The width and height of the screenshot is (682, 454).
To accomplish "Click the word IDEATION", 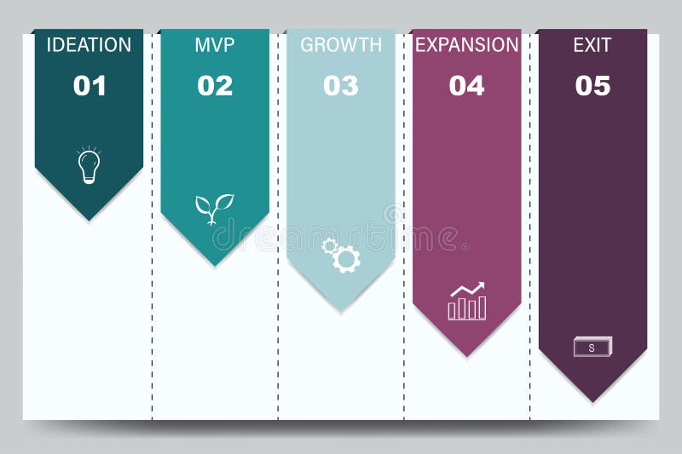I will pyautogui.click(x=89, y=45).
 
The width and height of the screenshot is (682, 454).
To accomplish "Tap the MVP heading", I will pyautogui.click(x=214, y=45).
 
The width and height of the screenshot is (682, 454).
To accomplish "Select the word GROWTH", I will pyautogui.click(x=341, y=45).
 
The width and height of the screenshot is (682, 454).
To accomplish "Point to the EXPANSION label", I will pyautogui.click(x=466, y=45).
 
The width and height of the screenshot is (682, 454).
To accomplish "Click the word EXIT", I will pyautogui.click(x=592, y=45).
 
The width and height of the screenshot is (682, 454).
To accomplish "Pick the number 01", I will pyautogui.click(x=89, y=85).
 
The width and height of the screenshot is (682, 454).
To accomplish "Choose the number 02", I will pyautogui.click(x=215, y=85).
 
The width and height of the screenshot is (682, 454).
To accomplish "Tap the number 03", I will pyautogui.click(x=341, y=85).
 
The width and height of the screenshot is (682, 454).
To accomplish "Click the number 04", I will pyautogui.click(x=466, y=85).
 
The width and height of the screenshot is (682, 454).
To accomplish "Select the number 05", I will pyautogui.click(x=592, y=85).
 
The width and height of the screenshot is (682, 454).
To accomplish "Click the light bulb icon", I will pyautogui.click(x=89, y=165).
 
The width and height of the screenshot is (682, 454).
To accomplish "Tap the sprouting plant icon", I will pyautogui.click(x=214, y=208).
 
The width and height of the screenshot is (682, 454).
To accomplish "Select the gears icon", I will pyautogui.click(x=341, y=255).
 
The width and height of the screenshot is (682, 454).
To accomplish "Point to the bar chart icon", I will pyautogui.click(x=467, y=302).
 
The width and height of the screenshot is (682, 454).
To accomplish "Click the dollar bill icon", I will pyautogui.click(x=592, y=347).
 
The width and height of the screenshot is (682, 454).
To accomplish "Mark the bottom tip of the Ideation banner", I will pyautogui.click(x=89, y=220).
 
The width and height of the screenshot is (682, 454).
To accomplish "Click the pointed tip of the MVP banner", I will pyautogui.click(x=215, y=265).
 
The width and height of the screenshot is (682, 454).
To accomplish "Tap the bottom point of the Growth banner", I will pyautogui.click(x=341, y=311).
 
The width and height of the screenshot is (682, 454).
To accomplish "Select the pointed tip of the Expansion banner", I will pyautogui.click(x=467, y=356).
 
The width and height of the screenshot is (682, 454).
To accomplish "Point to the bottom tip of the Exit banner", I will pyautogui.click(x=592, y=401).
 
